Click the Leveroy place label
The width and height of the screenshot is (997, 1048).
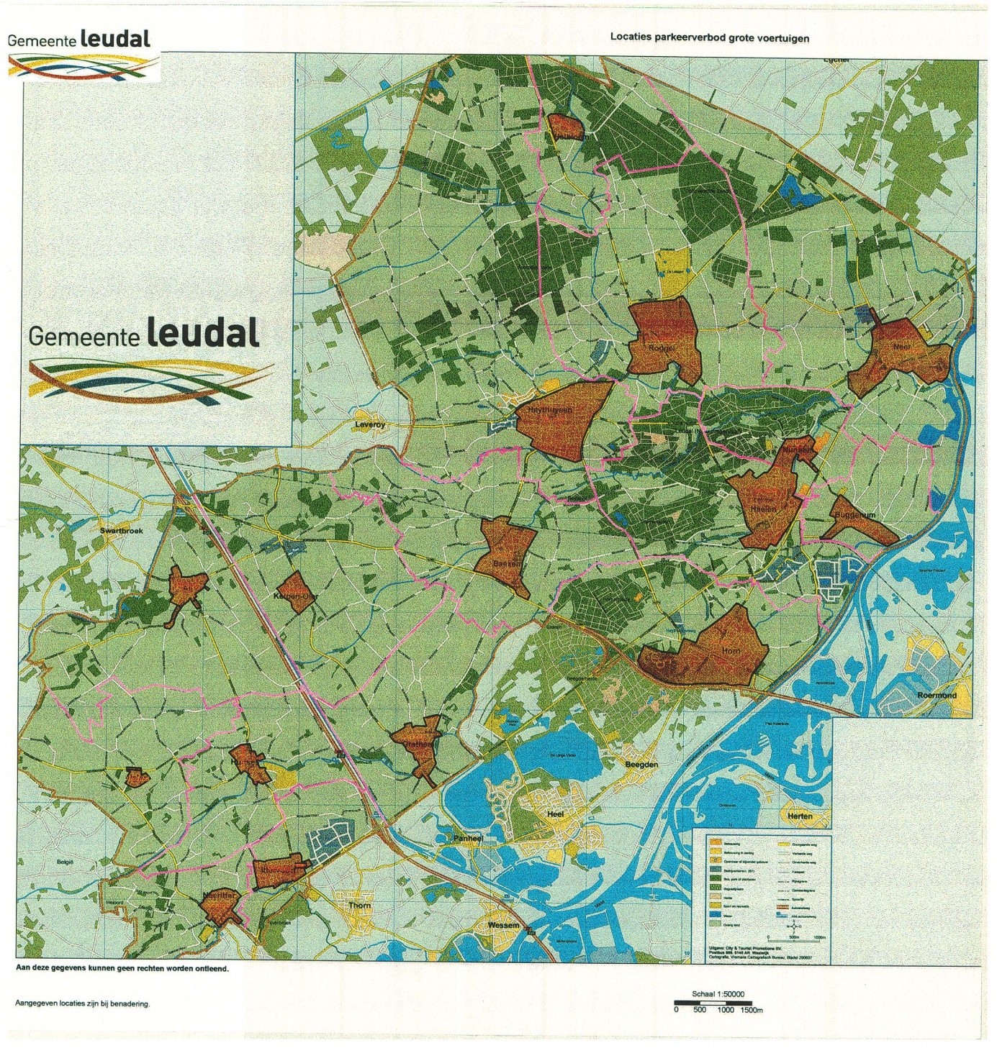point(371,425)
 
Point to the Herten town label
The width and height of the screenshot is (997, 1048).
point(800,816)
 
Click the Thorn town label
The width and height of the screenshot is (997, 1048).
point(359,906)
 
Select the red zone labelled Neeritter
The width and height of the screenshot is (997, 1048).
point(220,908)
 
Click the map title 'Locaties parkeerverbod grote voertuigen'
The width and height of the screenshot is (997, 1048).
point(709,37)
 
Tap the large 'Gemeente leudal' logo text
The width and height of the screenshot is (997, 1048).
point(144,334)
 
